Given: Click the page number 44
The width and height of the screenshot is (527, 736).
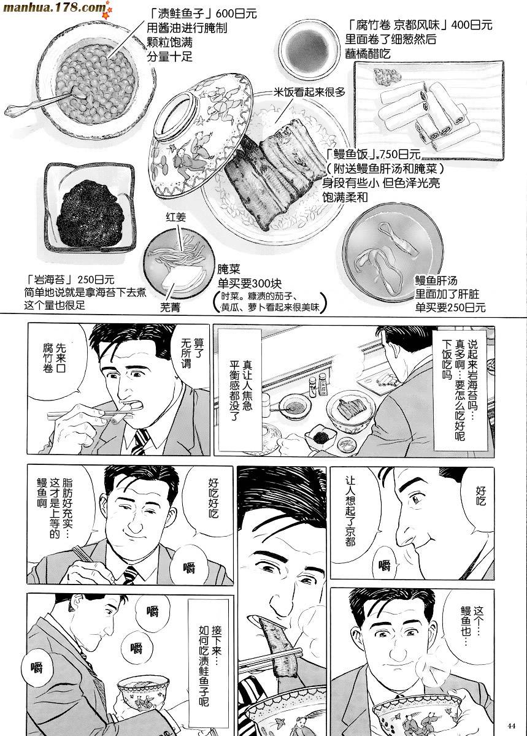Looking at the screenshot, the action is click(x=511, y=726).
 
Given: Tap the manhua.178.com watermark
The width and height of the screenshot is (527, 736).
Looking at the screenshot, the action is click(x=54, y=7).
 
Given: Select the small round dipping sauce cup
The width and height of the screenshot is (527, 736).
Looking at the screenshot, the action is click(x=309, y=48).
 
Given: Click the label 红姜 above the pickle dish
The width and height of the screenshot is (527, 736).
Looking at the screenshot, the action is click(x=176, y=217).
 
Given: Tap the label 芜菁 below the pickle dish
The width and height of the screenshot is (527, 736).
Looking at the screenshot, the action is click(x=170, y=307).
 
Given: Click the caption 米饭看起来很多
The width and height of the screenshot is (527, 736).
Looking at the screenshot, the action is click(x=309, y=92).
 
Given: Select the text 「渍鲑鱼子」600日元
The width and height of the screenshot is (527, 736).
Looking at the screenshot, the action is click(x=202, y=13).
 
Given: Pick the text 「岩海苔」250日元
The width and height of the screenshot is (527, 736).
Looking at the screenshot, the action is click(x=70, y=280).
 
